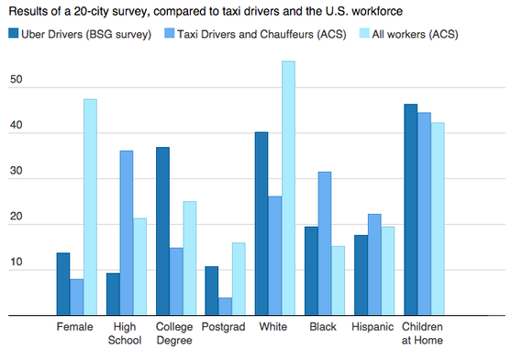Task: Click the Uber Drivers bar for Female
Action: pyautogui.click(x=63, y=285)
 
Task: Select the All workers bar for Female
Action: pyautogui.click(x=90, y=208)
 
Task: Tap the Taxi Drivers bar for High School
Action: pyautogui.click(x=127, y=233)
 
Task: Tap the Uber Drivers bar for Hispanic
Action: pyautogui.click(x=361, y=276)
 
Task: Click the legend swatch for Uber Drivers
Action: pyautogui.click(x=16, y=34)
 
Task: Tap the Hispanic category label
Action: pyautogui.click(x=373, y=327)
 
